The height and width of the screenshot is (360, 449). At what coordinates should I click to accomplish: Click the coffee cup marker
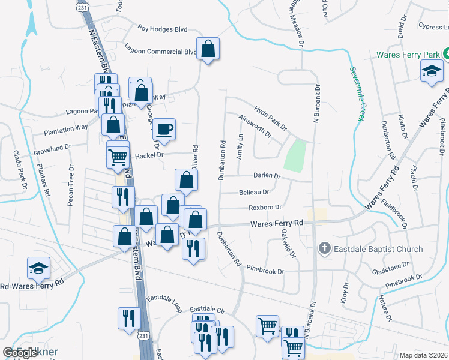(164, 128)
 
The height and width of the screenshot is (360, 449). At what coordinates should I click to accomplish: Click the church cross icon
(324, 248)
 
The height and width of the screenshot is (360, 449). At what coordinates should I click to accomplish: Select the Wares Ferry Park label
(408, 55)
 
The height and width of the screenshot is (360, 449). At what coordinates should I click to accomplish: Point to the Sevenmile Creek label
(356, 93)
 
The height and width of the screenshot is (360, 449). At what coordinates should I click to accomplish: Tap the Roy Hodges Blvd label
(163, 28)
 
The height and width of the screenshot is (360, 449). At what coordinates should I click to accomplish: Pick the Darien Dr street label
(268, 176)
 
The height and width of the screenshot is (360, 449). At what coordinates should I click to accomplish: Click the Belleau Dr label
(254, 192)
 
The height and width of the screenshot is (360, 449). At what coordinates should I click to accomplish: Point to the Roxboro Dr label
(265, 208)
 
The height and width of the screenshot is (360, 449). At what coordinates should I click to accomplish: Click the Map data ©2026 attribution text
(423, 355)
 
